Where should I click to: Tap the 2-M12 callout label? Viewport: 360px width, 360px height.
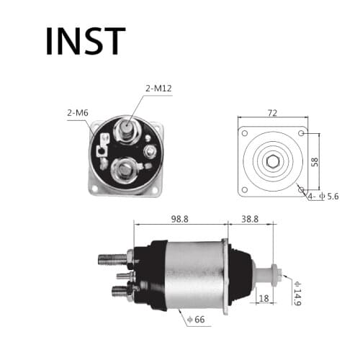coord(158,89)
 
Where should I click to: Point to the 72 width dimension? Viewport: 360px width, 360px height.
coord(272,112)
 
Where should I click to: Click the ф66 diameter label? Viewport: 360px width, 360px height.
coord(195,319)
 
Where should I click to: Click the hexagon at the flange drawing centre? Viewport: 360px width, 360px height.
coord(272,162)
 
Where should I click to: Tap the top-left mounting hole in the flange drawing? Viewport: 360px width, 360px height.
coord(245,135)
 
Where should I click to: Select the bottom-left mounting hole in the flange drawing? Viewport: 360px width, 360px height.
coord(245,189)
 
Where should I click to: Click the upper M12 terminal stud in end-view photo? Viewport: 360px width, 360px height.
coord(127,130)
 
